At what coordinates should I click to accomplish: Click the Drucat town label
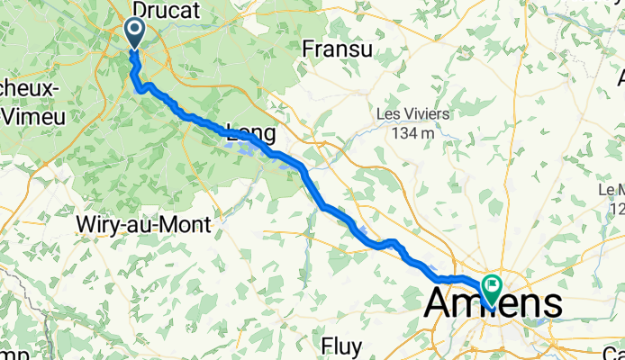pyautogui.click(x=165, y=8)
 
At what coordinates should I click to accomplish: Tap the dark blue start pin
pyautogui.click(x=135, y=34)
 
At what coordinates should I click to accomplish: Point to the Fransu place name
pyautogui.click(x=338, y=49)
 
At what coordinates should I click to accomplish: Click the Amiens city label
pyautogui.click(x=494, y=304)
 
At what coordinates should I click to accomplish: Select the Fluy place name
pyautogui.click(x=343, y=346)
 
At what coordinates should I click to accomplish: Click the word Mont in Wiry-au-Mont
pyautogui.click(x=186, y=224)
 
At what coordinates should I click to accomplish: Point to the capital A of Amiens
pyautogui.click(x=439, y=304)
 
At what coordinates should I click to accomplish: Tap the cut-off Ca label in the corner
pyautogui.click(x=614, y=352)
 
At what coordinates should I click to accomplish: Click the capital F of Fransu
pyautogui.click(x=311, y=49)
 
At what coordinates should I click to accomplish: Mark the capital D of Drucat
pyautogui.click(x=140, y=8)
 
